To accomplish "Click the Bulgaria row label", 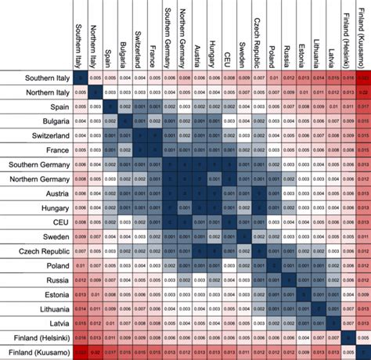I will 48,121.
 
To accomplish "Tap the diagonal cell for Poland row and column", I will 273,267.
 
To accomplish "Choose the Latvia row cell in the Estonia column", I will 303,325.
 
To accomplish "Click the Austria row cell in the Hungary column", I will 214,194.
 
